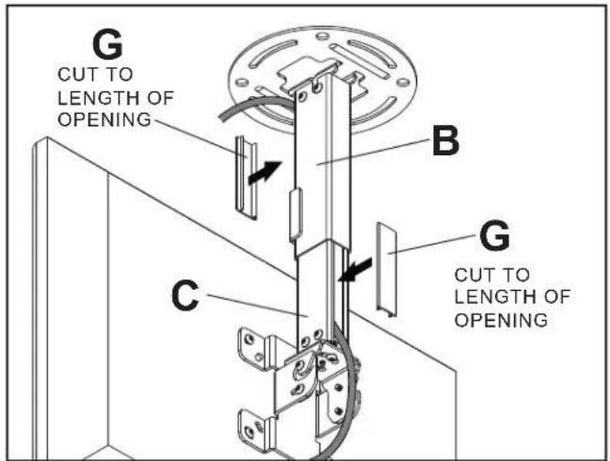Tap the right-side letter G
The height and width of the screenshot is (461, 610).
[495, 236]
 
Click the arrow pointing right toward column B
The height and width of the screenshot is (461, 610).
[263, 173]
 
